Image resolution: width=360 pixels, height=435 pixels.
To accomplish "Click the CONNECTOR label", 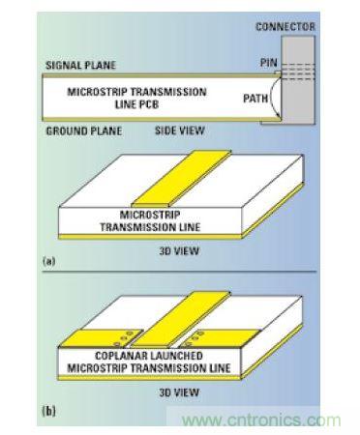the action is [285, 26].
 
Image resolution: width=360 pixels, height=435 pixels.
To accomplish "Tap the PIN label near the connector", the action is [269, 63].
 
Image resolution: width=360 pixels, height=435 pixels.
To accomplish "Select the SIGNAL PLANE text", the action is [80, 65].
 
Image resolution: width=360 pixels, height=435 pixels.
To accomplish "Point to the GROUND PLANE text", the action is [84, 131].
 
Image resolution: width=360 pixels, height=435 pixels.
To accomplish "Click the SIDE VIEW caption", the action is [180, 130].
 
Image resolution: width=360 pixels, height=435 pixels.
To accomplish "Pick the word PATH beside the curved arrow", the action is [255, 98].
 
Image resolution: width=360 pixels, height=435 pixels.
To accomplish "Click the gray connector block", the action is [298, 80].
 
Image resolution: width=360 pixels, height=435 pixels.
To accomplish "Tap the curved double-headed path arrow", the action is [272, 98].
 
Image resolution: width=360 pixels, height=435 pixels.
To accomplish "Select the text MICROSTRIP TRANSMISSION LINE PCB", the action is [136, 98].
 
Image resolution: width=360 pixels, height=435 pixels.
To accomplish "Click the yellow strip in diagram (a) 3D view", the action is [182, 177].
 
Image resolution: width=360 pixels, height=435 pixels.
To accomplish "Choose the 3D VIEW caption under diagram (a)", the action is [179, 251].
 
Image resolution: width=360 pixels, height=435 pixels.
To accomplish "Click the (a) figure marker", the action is [49, 261].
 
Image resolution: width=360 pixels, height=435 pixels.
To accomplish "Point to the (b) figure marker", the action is [49, 411].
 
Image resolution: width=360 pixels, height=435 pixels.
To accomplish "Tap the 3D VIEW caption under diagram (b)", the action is [179, 392].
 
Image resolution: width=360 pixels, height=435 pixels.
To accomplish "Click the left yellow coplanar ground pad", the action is [102, 338].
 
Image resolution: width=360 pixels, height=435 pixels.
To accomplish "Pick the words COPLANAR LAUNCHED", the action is [149, 356].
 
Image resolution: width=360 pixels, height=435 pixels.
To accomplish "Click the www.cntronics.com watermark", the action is [261, 420].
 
